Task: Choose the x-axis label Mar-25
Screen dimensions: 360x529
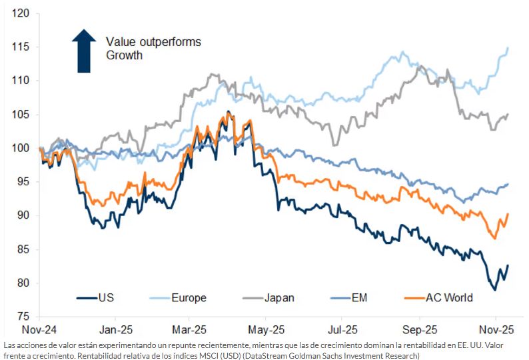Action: [189, 329]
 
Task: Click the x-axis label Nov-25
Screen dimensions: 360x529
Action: [497, 329]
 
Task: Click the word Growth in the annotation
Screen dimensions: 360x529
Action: [125, 55]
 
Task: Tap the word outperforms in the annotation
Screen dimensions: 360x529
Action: [169, 42]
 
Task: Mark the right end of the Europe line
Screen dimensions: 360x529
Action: [508, 48]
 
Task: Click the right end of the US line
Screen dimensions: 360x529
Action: [508, 265]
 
